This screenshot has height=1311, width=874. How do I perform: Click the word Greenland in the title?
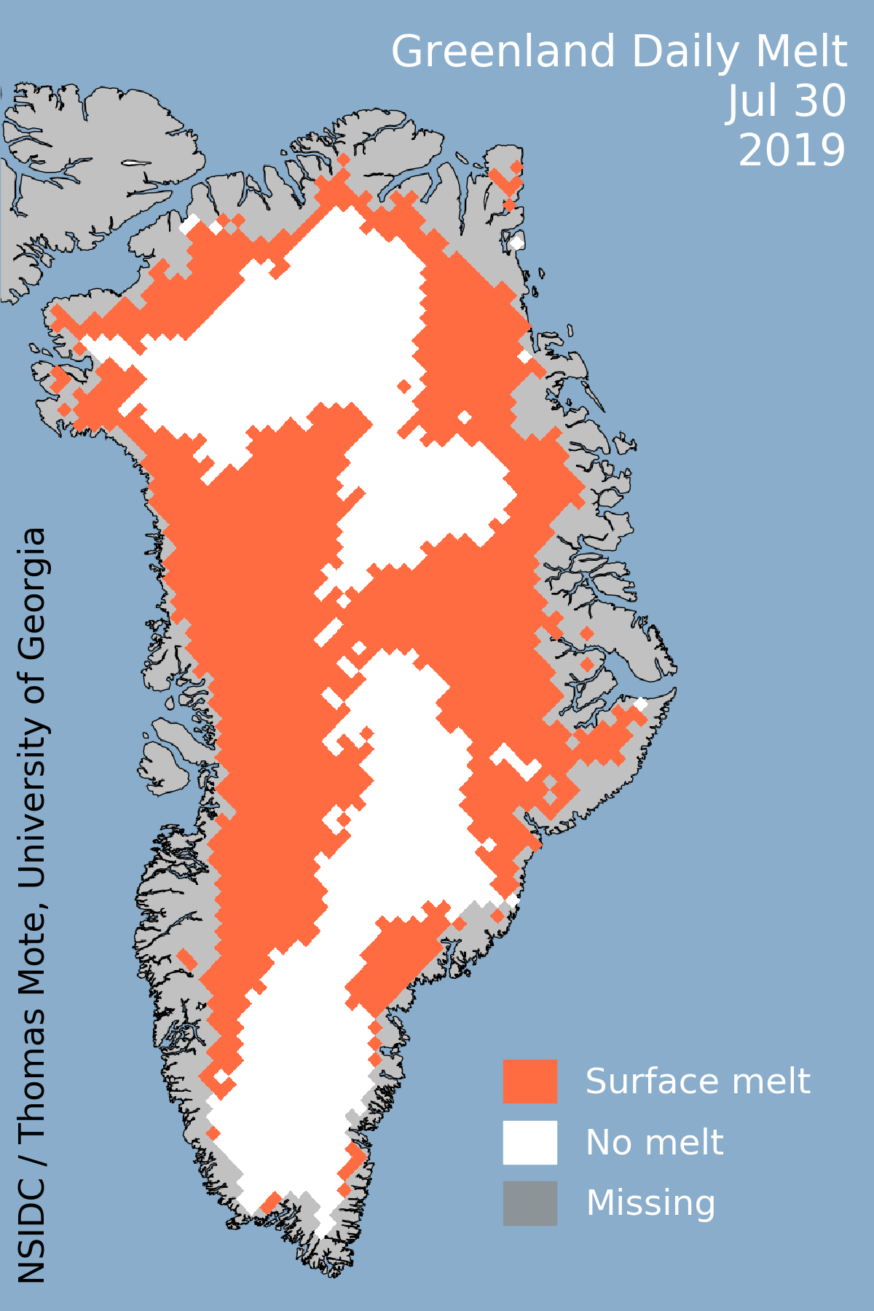(503, 52)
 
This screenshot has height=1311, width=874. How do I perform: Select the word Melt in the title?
(801, 52)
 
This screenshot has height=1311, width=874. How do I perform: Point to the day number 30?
(819, 102)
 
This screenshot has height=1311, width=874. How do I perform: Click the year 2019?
(792, 151)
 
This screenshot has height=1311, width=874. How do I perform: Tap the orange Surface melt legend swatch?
(529, 1082)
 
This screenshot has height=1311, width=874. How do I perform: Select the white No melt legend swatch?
(529, 1142)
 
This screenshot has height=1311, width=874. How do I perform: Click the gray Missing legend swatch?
(529, 1203)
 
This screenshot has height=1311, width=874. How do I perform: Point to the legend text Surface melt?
(697, 1082)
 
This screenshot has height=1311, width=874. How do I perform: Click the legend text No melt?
(654, 1143)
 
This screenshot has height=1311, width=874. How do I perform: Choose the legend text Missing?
(650, 1203)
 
